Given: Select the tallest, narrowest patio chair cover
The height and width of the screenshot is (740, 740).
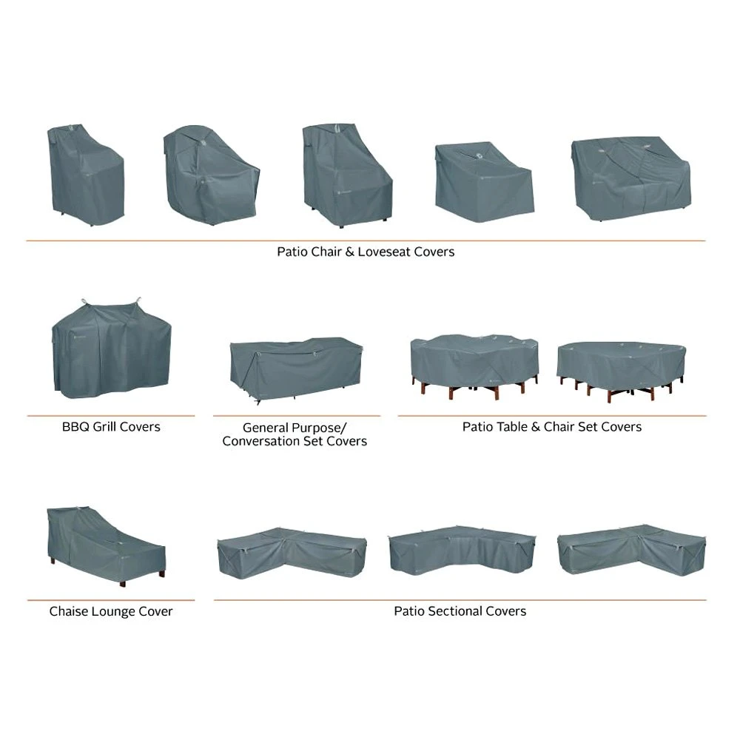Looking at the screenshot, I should (86, 175).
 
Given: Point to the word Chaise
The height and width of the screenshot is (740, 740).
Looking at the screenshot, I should (70, 611).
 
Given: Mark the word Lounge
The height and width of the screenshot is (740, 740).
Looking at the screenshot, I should (115, 611).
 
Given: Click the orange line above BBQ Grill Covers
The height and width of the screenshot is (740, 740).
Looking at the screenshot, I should (111, 416).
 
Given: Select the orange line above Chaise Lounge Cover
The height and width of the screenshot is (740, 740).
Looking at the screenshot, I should (111, 600).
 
